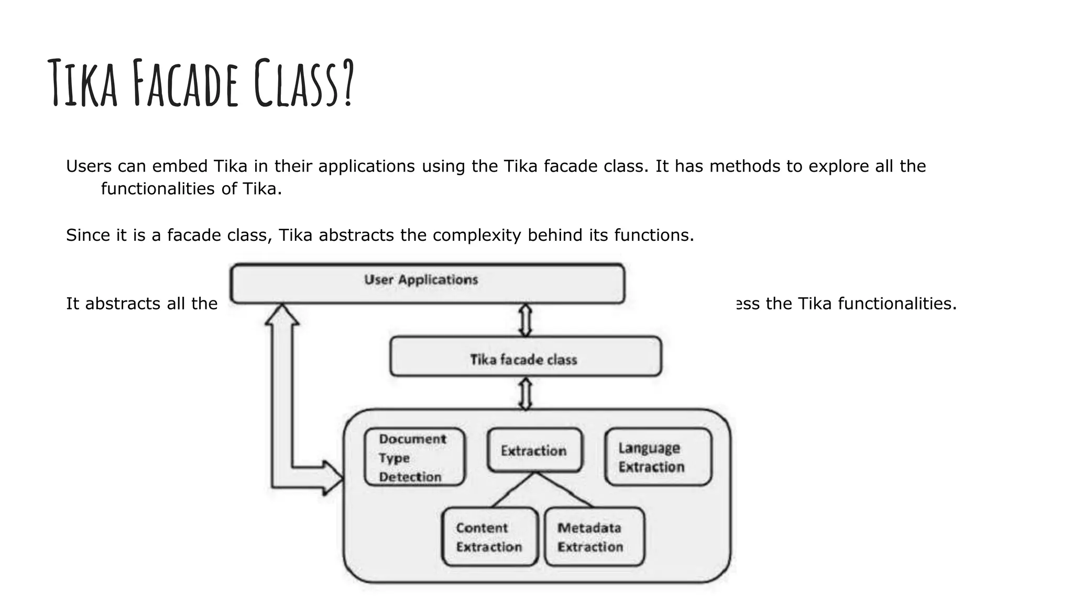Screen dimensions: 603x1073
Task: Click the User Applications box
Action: pos(427,283)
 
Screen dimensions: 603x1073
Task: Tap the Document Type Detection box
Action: pos(414,457)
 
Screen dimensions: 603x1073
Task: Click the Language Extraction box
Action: pos(658,457)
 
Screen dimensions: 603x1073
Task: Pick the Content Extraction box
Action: pos(489,537)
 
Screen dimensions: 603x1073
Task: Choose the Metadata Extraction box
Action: pos(594,537)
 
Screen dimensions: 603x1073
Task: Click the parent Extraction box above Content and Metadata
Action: pos(534,450)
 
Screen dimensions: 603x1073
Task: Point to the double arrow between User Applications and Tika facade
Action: pos(525,320)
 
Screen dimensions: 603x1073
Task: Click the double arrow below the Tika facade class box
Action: pos(525,393)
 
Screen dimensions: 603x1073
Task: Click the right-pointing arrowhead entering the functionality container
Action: pos(333,477)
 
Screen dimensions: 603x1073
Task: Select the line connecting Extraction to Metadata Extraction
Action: pos(565,490)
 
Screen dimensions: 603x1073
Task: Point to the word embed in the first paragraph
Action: pos(180,166)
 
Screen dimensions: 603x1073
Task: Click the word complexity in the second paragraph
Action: pos(477,235)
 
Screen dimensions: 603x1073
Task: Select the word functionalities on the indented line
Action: pos(158,188)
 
